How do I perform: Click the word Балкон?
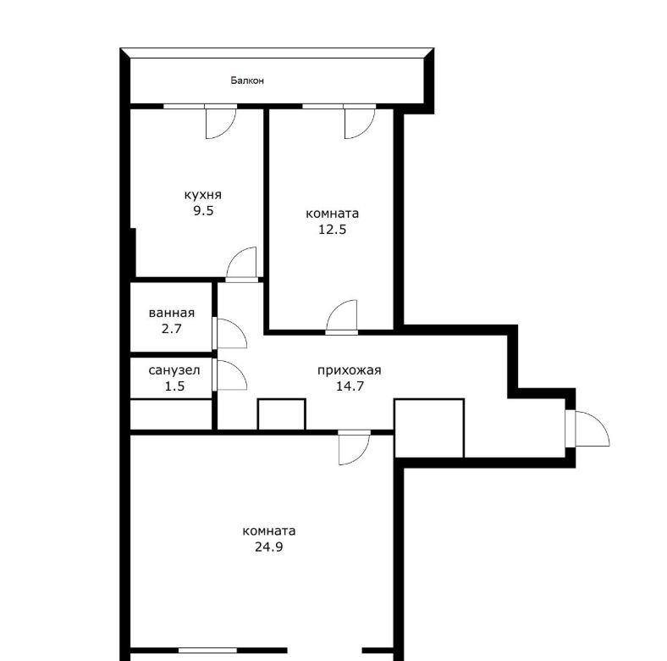click(247, 80)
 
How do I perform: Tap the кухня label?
click(203, 195)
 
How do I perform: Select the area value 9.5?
click(203, 211)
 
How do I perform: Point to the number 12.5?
click(333, 230)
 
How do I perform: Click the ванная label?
click(172, 313)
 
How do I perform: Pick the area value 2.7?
click(172, 329)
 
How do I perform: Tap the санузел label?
click(174, 370)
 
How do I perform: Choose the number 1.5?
click(174, 386)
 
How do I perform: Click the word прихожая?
click(350, 370)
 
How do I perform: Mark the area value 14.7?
click(350, 386)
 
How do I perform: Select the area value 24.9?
click(269, 547)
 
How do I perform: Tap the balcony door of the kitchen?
click(220, 124)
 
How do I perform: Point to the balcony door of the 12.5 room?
click(360, 124)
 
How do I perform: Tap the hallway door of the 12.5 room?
click(342, 315)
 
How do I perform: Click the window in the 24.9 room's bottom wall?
click(207, 650)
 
